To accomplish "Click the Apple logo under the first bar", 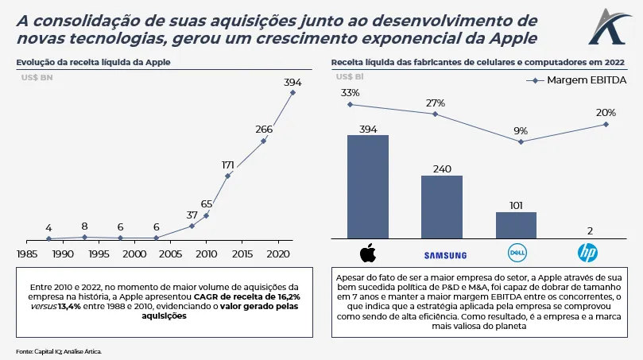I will [x=367, y=254].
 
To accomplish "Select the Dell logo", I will [x=517, y=254].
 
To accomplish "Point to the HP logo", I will [x=587, y=254].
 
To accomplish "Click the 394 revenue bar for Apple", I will [x=367, y=187].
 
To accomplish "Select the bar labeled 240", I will [x=441, y=207].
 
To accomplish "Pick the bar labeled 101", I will [x=516, y=225].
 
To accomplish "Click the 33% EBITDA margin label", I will [x=350, y=93].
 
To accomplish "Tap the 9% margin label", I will [x=521, y=131].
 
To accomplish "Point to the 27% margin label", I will [x=436, y=103].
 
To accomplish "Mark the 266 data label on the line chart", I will [x=264, y=129].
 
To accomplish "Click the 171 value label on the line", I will [x=228, y=165].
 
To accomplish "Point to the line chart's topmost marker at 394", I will [x=292, y=93].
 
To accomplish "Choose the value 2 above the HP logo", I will [x=590, y=231].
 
